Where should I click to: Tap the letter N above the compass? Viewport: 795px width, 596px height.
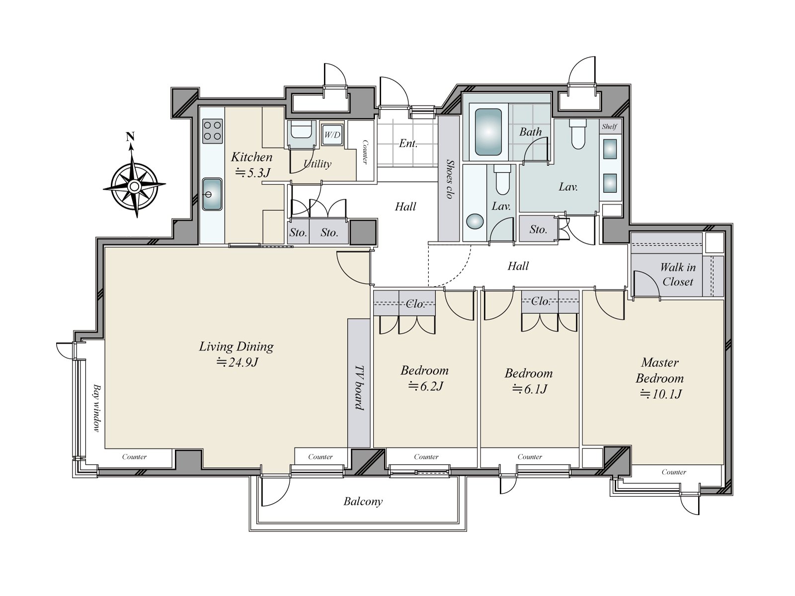130,137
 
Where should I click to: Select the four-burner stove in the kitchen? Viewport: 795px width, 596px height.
212,131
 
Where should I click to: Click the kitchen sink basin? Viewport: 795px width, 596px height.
212,194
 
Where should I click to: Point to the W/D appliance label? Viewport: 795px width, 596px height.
332,135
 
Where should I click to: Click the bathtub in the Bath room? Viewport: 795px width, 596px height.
488,132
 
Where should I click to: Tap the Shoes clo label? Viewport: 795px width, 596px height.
449,179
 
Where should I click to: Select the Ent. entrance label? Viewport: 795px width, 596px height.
408,144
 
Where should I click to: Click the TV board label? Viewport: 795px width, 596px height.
359,387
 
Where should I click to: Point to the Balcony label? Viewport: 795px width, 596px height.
363,502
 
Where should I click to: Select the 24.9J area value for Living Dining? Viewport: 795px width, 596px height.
237,362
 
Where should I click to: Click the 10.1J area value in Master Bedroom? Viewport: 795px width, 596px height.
661,394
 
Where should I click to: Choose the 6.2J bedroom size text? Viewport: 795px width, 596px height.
426,386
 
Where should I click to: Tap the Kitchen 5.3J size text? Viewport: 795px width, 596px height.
253,173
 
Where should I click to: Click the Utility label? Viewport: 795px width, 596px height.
318,164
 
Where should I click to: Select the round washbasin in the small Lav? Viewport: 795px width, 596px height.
475,221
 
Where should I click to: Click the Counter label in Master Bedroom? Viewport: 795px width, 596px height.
674,472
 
